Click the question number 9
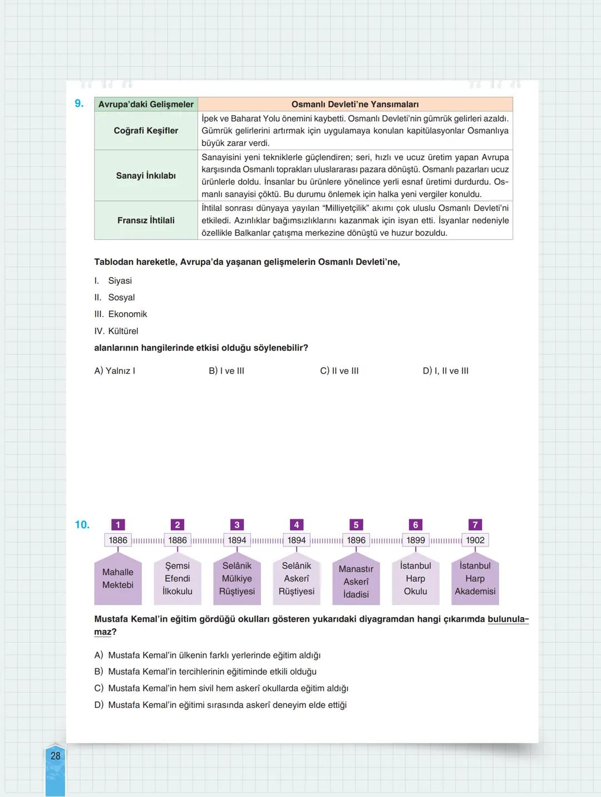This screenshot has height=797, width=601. (79, 104)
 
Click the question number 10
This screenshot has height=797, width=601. (82, 525)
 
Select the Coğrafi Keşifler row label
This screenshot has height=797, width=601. (146, 131)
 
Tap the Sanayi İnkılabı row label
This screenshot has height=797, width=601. (146, 176)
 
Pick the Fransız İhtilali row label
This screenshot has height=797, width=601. (146, 220)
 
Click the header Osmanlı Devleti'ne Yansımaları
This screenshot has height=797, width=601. (355, 104)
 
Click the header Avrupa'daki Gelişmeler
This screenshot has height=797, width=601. (146, 104)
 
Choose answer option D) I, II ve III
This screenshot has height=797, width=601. (445, 371)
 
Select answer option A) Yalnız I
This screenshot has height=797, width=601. (115, 371)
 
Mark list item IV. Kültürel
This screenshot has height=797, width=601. (116, 331)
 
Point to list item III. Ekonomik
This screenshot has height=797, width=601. (121, 314)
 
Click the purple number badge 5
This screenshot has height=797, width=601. (356, 525)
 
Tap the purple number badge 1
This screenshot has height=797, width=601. (118, 525)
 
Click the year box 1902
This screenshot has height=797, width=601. (475, 540)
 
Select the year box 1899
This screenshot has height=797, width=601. (416, 540)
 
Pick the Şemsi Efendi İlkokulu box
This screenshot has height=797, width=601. (178, 579)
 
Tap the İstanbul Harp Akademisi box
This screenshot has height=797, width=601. (475, 579)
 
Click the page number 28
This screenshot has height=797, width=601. (56, 756)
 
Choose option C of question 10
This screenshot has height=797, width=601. (221, 688)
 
